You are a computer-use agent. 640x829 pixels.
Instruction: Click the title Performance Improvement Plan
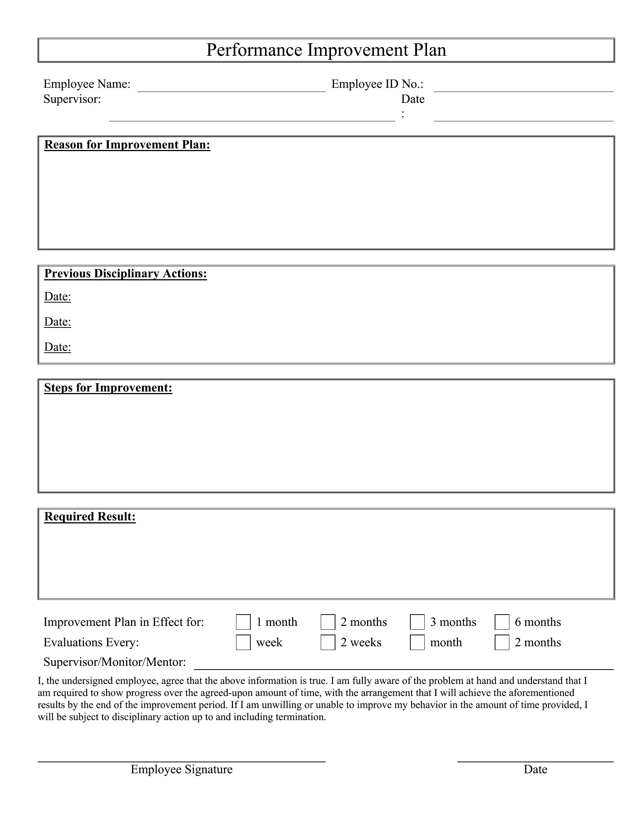coord(326,50)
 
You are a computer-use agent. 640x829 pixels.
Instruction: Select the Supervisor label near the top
coord(72,99)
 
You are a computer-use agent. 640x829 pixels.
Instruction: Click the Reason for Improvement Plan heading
coord(127,145)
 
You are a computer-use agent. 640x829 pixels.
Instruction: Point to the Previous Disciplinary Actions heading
coord(125,274)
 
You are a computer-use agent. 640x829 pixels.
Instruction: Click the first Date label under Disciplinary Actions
coord(58,297)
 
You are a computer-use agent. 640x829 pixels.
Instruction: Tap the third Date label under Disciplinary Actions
coord(58,347)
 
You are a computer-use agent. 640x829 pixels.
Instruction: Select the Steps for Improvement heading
coord(108,387)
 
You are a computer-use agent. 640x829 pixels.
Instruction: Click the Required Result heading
coord(90,517)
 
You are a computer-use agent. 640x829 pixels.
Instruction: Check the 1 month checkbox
coord(243,622)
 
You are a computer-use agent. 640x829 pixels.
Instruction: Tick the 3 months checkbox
coord(417,622)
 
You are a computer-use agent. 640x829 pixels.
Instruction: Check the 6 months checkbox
coord(501,622)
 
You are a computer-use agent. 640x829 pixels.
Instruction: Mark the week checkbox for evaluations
coord(243,642)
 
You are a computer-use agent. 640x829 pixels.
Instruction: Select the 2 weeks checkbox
coord(328,642)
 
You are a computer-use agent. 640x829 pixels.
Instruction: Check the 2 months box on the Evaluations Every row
coord(501,642)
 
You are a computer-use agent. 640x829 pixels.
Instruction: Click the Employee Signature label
coord(181,769)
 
